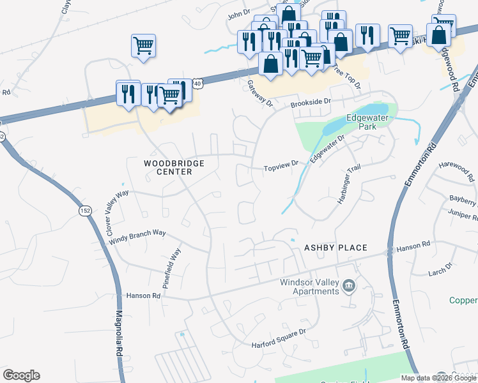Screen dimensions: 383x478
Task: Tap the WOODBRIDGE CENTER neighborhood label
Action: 174,168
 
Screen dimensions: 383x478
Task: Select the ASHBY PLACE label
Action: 335,248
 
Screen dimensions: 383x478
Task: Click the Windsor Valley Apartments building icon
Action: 349,285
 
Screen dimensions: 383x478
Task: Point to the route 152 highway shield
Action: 85,211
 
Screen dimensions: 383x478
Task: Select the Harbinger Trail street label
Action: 349,185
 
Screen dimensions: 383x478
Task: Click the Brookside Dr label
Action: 310,101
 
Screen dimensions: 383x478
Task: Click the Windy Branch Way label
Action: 137,237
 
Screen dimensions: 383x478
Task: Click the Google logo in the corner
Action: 21,375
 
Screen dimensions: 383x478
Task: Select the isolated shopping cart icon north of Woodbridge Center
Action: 144,45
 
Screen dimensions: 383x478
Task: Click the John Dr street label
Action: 237,13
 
